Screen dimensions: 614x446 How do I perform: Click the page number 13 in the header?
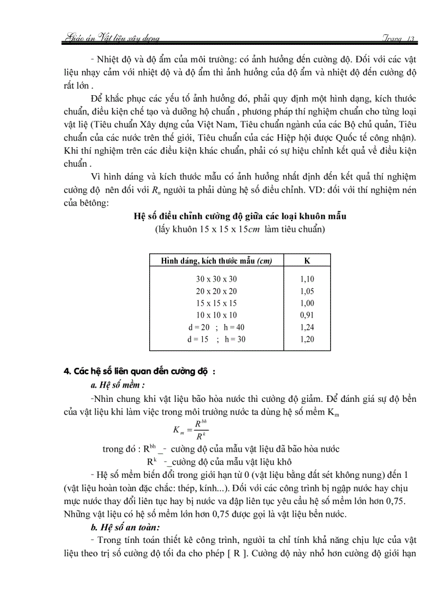click(412, 38)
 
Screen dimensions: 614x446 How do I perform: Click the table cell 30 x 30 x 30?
click(216, 279)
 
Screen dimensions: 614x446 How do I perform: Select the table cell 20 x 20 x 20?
click(216, 291)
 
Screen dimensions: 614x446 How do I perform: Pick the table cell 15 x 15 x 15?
click(216, 303)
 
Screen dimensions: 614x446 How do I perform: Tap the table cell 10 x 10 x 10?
click(216, 315)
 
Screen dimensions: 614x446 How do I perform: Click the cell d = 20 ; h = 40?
click(216, 327)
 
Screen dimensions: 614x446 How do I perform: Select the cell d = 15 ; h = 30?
click(216, 339)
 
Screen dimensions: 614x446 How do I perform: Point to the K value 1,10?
click(307, 279)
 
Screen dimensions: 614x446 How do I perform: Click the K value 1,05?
click(307, 291)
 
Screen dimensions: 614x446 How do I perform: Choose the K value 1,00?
click(307, 303)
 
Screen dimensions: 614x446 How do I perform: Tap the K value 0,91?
click(307, 315)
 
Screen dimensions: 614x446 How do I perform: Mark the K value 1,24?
click(307, 327)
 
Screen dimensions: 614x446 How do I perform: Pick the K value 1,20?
click(307, 339)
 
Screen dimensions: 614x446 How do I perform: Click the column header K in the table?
click(307, 261)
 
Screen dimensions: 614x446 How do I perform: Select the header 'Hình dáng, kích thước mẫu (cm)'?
click(216, 261)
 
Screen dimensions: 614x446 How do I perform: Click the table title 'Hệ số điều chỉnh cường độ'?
click(240, 217)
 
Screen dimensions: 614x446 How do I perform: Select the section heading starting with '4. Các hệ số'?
click(140, 372)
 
